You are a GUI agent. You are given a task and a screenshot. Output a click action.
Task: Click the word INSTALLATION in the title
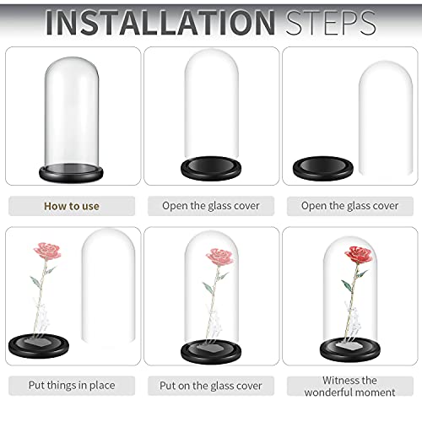pyautogui.click(x=160, y=23)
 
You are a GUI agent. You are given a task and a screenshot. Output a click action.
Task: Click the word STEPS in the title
pyautogui.click(x=331, y=23)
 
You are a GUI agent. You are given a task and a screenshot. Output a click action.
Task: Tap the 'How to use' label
pyautogui.click(x=72, y=206)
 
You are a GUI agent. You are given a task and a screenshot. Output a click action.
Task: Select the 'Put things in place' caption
pyautogui.click(x=72, y=386)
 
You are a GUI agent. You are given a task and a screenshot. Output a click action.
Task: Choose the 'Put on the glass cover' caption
pyautogui.click(x=211, y=386)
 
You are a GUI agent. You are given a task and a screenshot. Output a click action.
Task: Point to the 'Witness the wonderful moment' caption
pyautogui.click(x=349, y=387)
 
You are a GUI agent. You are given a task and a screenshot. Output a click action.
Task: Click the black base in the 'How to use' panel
pyautogui.click(x=71, y=173)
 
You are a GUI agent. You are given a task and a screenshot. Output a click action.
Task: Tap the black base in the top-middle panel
pyautogui.click(x=211, y=169)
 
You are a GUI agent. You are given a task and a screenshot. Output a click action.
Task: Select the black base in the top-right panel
pyautogui.click(x=323, y=169)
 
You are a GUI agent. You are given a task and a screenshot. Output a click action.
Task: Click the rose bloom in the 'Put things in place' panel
pyautogui.click(x=47, y=252)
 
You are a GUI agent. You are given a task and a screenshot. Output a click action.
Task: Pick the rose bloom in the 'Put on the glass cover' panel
pyautogui.click(x=219, y=257)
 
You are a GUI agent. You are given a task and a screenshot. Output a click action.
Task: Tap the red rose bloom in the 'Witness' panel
pyautogui.click(x=359, y=255)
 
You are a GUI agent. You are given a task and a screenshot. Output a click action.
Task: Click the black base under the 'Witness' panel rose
pyautogui.click(x=350, y=350)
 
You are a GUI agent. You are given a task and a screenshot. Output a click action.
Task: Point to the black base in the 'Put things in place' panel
pyautogui.click(x=39, y=346)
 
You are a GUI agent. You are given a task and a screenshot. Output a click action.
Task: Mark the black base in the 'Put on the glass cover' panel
pyautogui.click(x=211, y=352)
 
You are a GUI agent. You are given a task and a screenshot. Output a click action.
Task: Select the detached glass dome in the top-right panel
pyautogui.click(x=386, y=118)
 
